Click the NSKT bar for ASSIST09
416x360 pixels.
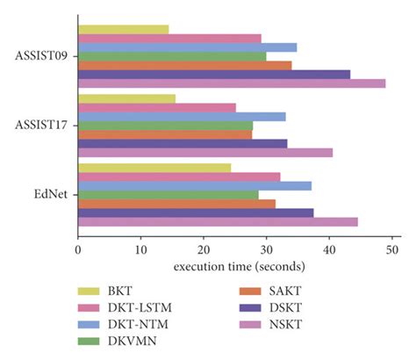pyautogui.click(x=232, y=83)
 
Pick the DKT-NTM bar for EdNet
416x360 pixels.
pyautogui.click(x=195, y=185)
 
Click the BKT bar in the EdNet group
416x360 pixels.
pyautogui.click(x=154, y=168)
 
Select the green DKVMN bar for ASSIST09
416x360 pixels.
pyautogui.click(x=172, y=56)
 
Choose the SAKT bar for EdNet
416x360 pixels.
pyautogui.click(x=176, y=204)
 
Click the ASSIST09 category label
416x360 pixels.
pyautogui.click(x=43, y=56)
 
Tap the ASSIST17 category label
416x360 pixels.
pyautogui.click(x=43, y=125)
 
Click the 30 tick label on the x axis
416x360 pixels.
pyautogui.click(x=267, y=248)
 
